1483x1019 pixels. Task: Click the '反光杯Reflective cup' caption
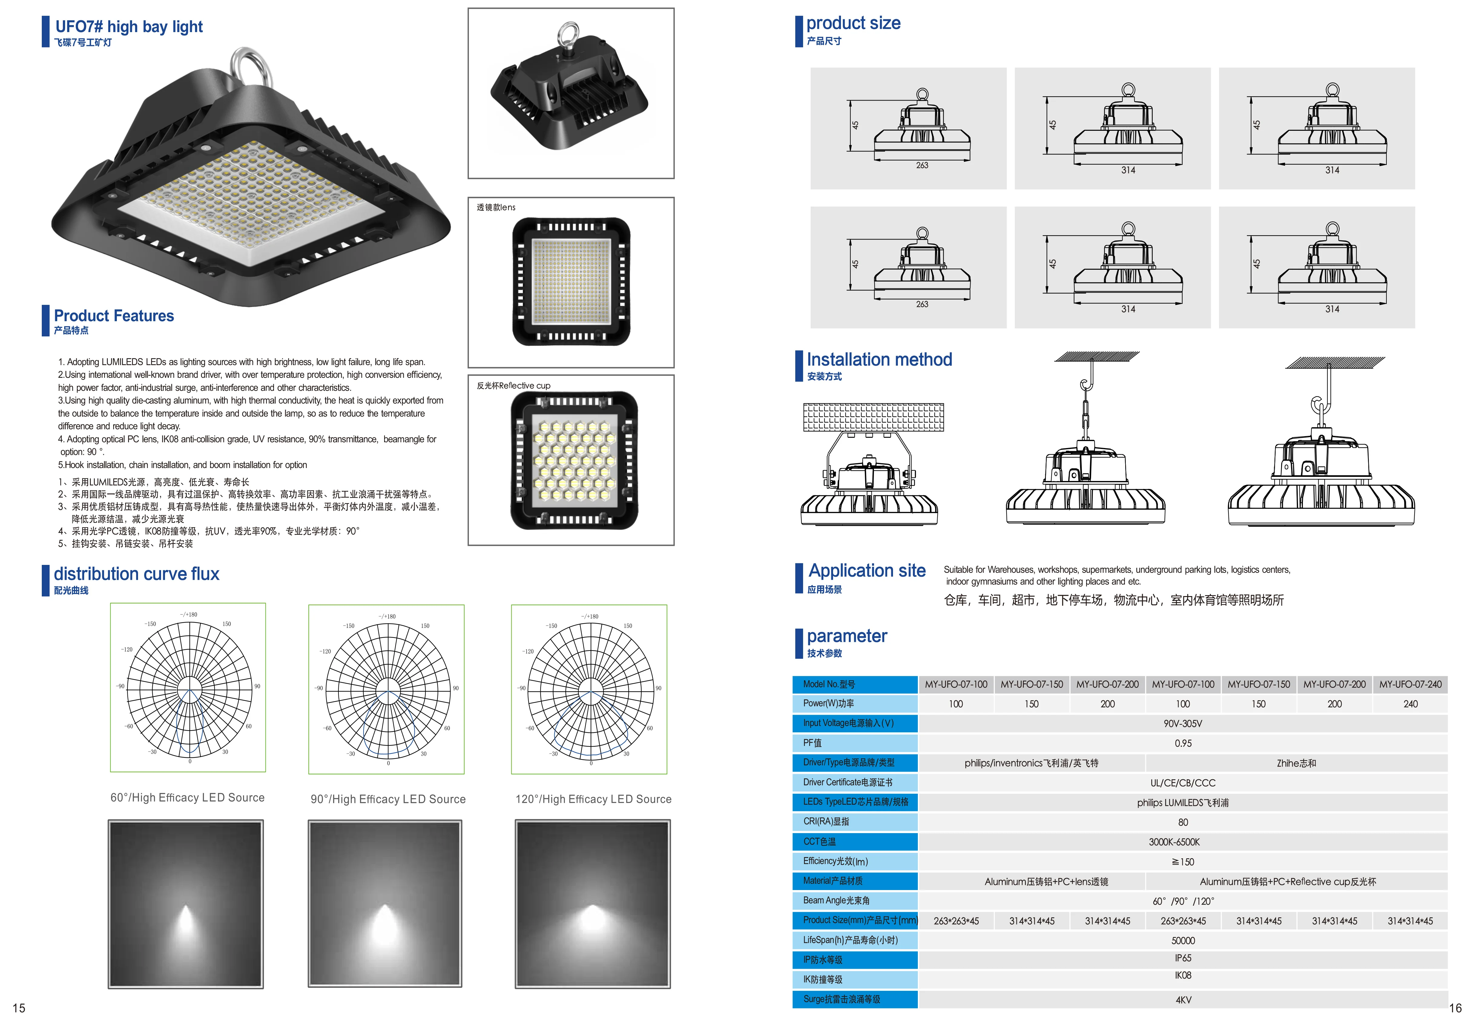point(513,386)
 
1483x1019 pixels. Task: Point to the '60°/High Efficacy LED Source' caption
point(187,797)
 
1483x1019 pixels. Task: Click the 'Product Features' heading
point(114,316)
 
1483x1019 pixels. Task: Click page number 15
point(19,1008)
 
